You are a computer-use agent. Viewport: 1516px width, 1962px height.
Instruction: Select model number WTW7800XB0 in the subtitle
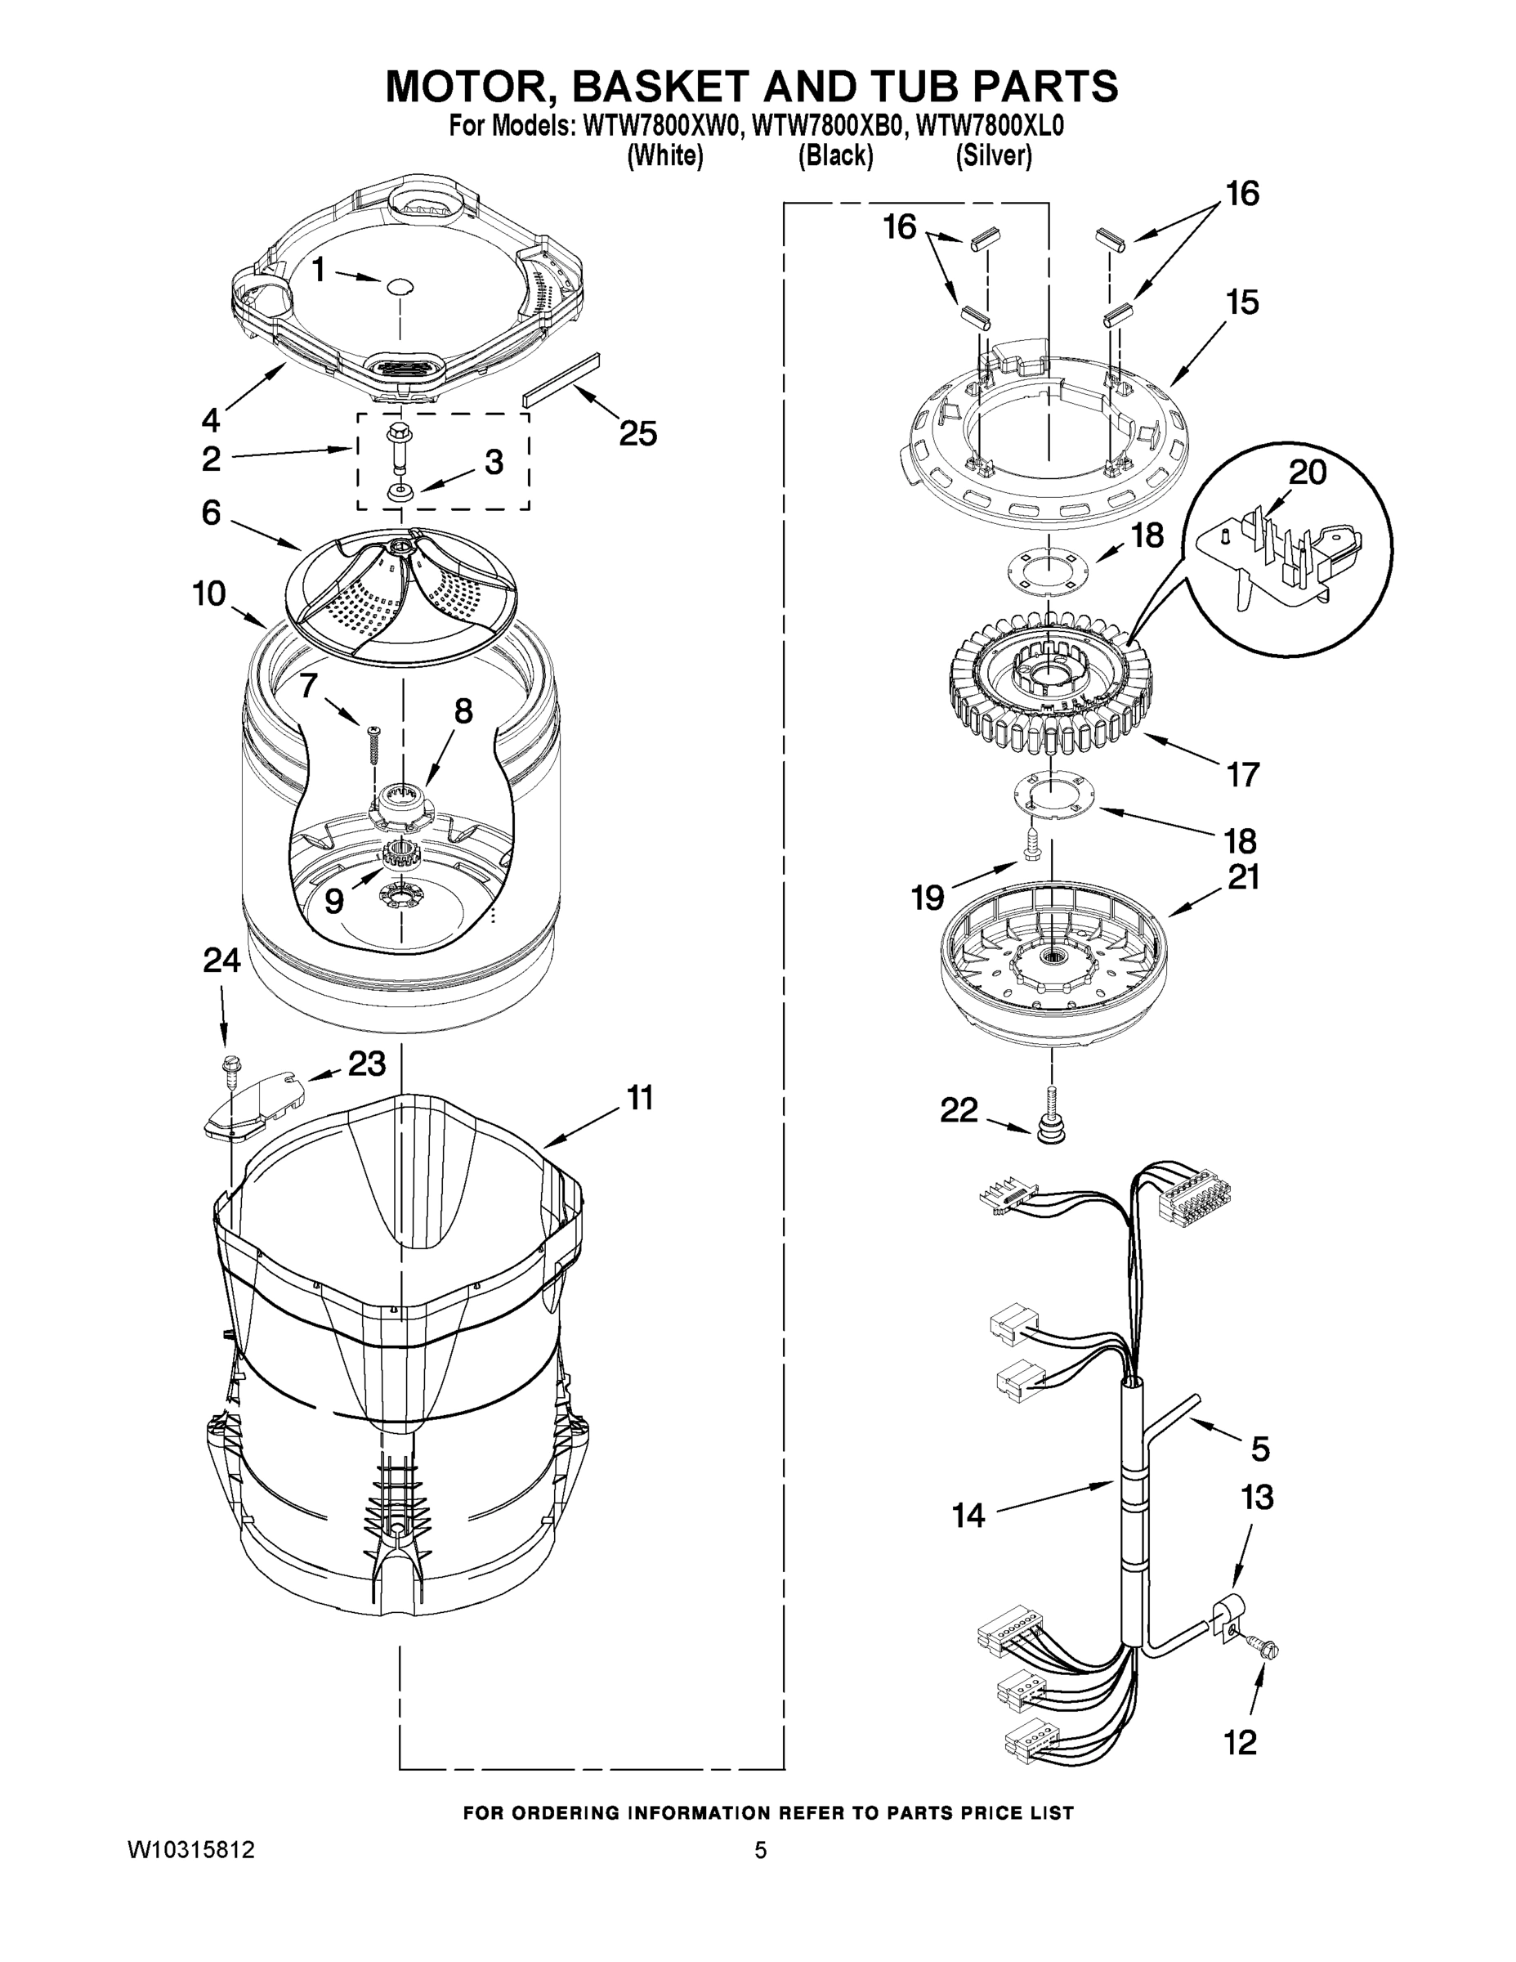[825, 126]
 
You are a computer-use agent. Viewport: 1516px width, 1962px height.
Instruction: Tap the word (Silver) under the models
[993, 156]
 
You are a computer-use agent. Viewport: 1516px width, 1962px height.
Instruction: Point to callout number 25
[637, 434]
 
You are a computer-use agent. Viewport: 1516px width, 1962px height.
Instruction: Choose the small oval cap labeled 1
[399, 287]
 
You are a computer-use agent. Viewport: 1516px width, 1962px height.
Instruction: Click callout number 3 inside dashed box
[494, 462]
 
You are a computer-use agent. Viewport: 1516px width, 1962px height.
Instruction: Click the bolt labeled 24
[230, 1066]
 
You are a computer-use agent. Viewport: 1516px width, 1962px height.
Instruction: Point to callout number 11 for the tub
[639, 1098]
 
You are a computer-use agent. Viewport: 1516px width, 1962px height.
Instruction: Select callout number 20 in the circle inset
[1307, 472]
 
